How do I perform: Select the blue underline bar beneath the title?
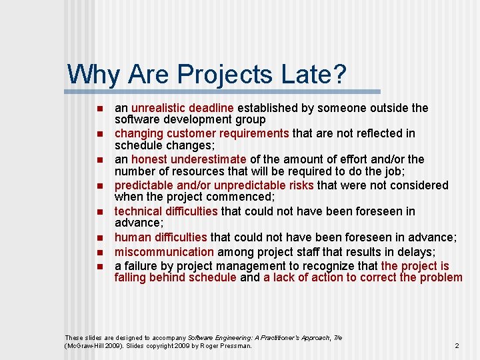pyautogui.click(x=223, y=91)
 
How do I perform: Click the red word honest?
pyautogui.click(x=149, y=159)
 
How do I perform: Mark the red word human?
pyautogui.click(x=130, y=237)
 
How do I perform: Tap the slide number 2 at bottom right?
pyautogui.click(x=457, y=346)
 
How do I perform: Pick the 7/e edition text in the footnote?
pyautogui.click(x=337, y=338)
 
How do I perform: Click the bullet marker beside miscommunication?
pyautogui.click(x=99, y=253)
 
